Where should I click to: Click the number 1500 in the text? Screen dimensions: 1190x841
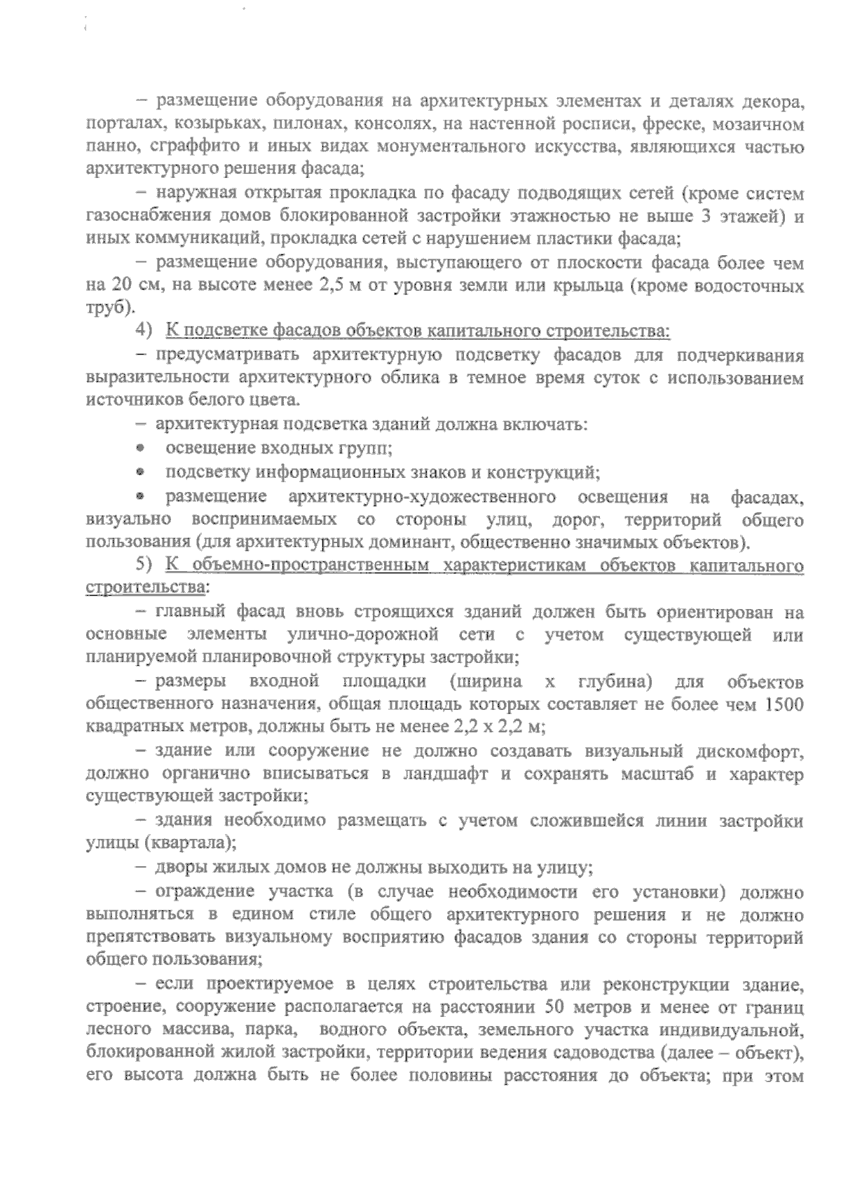[x=784, y=705]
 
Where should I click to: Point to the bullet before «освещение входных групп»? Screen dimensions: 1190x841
[x=142, y=449]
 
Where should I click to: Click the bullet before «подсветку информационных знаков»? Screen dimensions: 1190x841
[x=142, y=472]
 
